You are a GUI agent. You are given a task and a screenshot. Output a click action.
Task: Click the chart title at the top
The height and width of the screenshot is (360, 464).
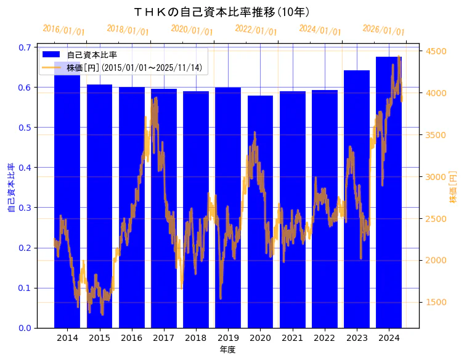click(x=222, y=12)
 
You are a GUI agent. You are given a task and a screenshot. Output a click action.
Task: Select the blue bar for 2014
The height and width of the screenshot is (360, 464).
click(x=67, y=247)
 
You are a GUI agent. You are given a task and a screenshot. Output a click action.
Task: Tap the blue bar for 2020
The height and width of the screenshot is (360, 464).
click(x=260, y=247)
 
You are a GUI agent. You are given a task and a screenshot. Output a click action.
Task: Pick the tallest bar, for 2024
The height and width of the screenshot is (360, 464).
click(x=389, y=216)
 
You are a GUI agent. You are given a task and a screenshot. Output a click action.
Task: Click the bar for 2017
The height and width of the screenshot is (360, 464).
click(x=164, y=247)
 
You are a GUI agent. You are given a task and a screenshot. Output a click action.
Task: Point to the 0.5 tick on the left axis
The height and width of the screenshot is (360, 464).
click(x=25, y=128)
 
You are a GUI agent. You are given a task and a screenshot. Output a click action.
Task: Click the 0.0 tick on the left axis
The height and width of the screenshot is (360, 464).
click(x=25, y=328)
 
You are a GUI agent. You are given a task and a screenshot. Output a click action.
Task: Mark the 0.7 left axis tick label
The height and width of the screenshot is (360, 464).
click(x=25, y=47)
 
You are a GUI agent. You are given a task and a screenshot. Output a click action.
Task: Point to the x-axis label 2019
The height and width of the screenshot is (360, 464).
click(x=228, y=338)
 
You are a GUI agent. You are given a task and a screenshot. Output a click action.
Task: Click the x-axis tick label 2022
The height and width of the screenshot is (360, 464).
click(x=324, y=338)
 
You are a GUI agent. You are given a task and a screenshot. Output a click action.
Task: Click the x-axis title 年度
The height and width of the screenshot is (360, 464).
click(x=227, y=350)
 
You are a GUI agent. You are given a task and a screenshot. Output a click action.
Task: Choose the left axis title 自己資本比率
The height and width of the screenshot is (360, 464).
click(x=11, y=188)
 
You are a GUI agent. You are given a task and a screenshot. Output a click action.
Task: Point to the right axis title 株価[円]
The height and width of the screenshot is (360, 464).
click(x=453, y=188)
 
